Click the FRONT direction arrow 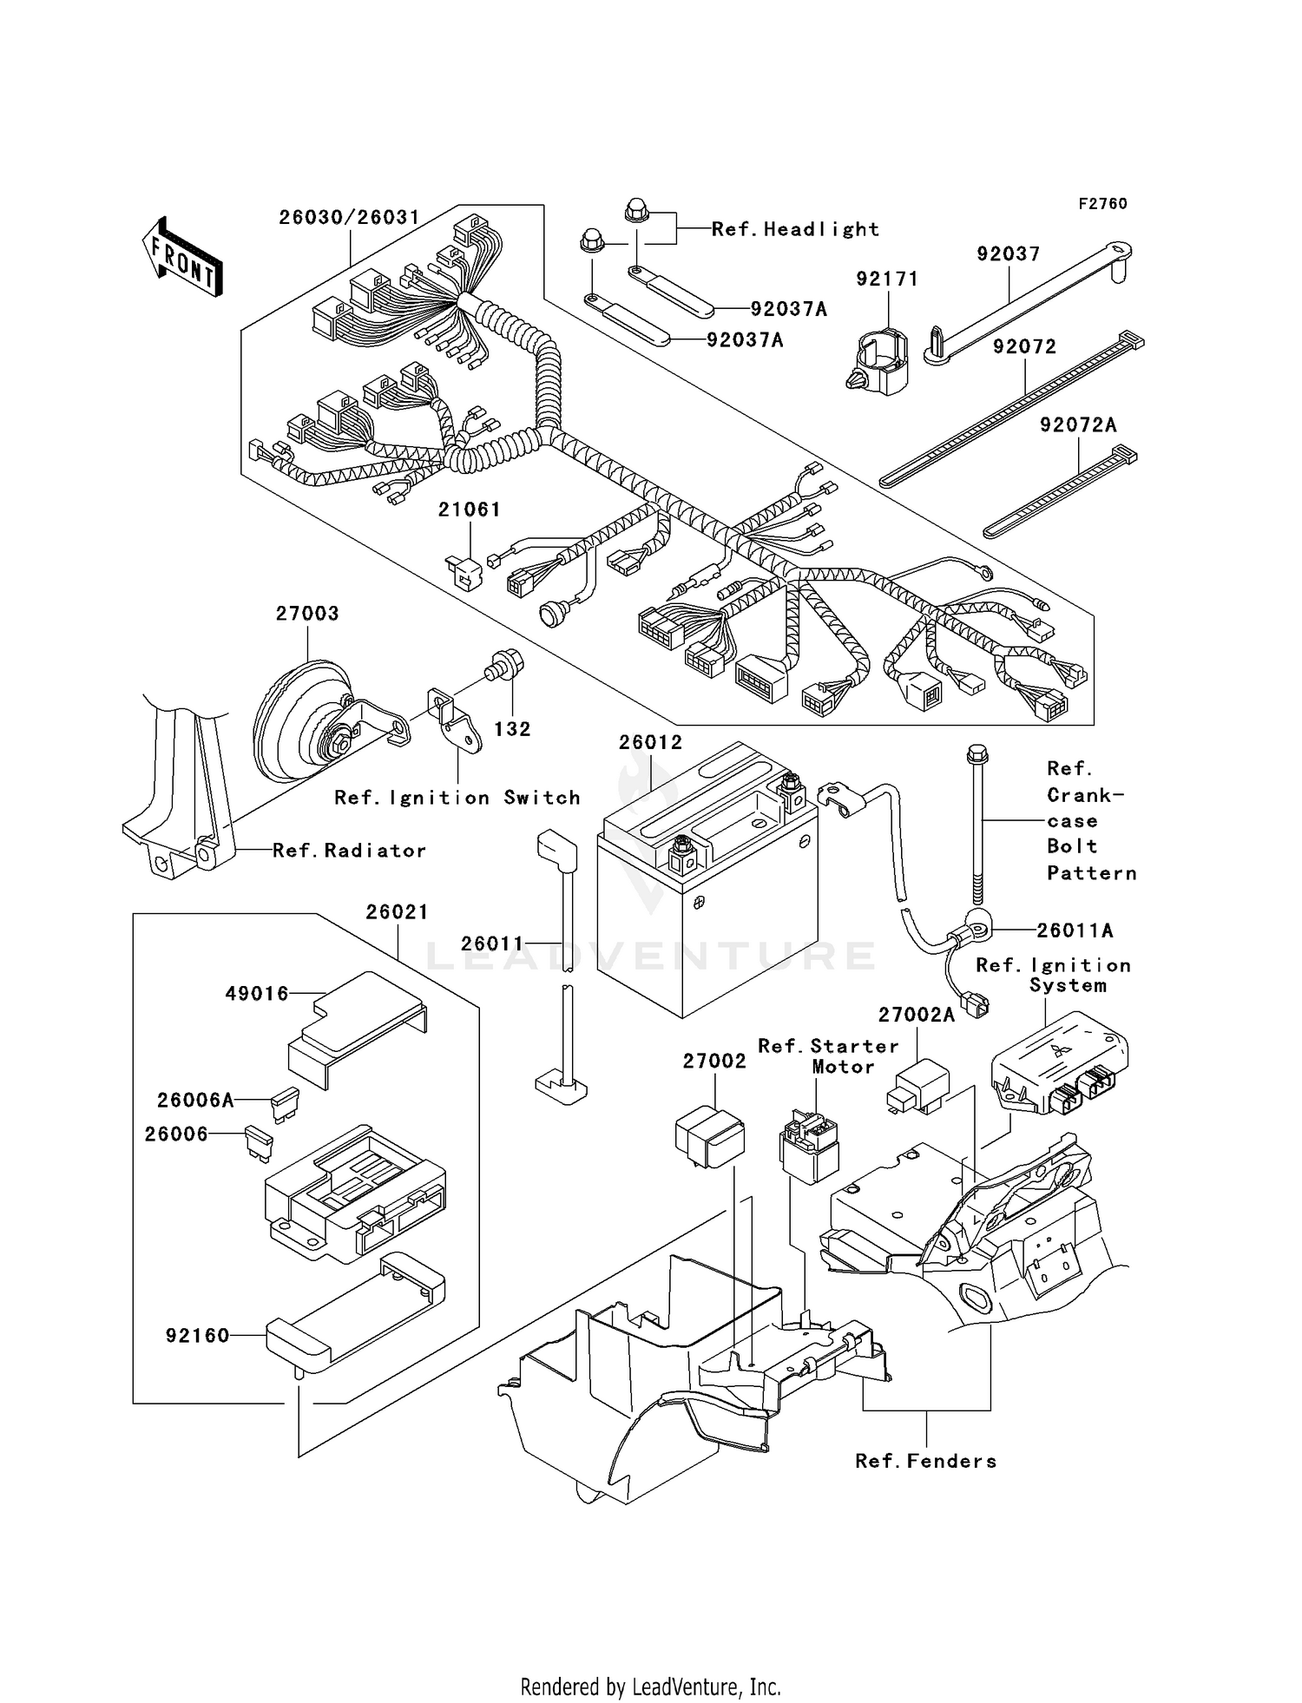click(x=182, y=259)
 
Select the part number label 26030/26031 click(x=349, y=217)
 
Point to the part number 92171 click(x=887, y=279)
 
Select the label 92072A click(x=1078, y=425)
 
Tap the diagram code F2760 click(x=1102, y=204)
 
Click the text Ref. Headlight click(x=795, y=229)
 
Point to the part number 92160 click(x=198, y=1336)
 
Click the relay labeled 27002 click(x=710, y=1136)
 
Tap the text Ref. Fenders click(x=925, y=1462)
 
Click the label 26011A click(x=1075, y=930)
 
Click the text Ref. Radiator click(x=349, y=851)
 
